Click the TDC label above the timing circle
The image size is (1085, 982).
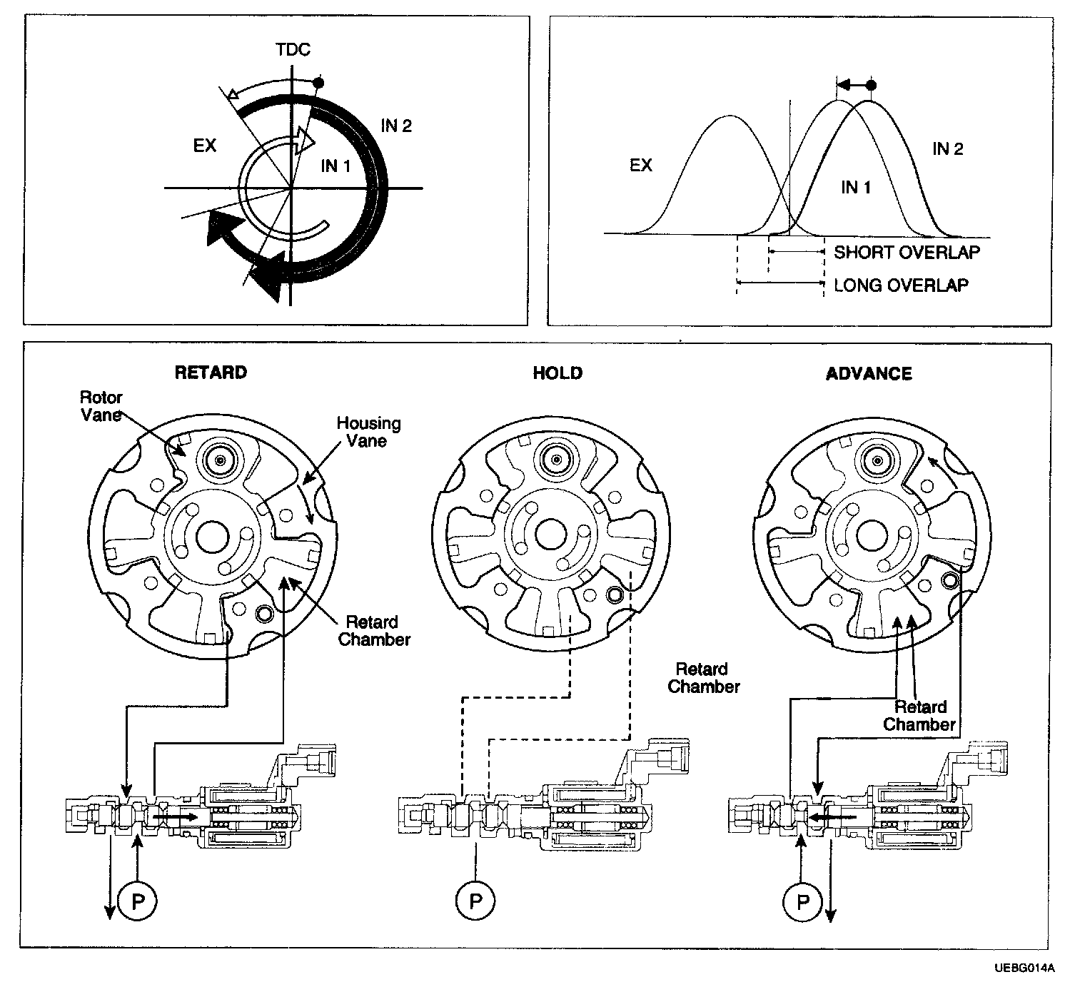(293, 50)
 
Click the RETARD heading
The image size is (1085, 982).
(211, 373)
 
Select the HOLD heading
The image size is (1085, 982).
(557, 373)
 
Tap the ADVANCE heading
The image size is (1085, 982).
(869, 374)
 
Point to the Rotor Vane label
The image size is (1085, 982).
(101, 406)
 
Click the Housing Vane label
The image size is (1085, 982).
(368, 432)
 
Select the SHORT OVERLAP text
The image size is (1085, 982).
(907, 252)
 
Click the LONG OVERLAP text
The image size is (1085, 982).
(901, 285)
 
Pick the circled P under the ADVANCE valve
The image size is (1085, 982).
(802, 902)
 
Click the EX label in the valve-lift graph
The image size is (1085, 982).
(641, 165)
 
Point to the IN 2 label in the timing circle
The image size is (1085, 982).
(396, 126)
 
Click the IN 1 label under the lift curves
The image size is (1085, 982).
(856, 188)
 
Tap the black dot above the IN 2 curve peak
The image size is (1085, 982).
(871, 85)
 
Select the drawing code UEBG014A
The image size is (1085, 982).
(1023, 968)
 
